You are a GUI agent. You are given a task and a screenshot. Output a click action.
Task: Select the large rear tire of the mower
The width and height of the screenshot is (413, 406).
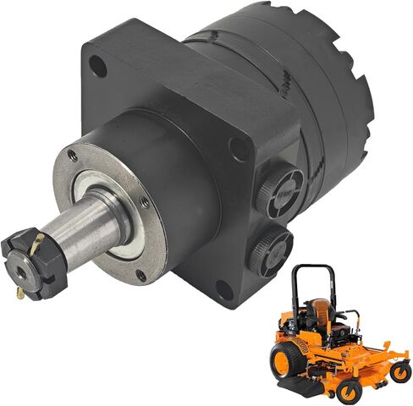click(x=285, y=359)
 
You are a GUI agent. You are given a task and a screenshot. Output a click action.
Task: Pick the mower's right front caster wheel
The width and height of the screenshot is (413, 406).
click(x=399, y=370)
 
